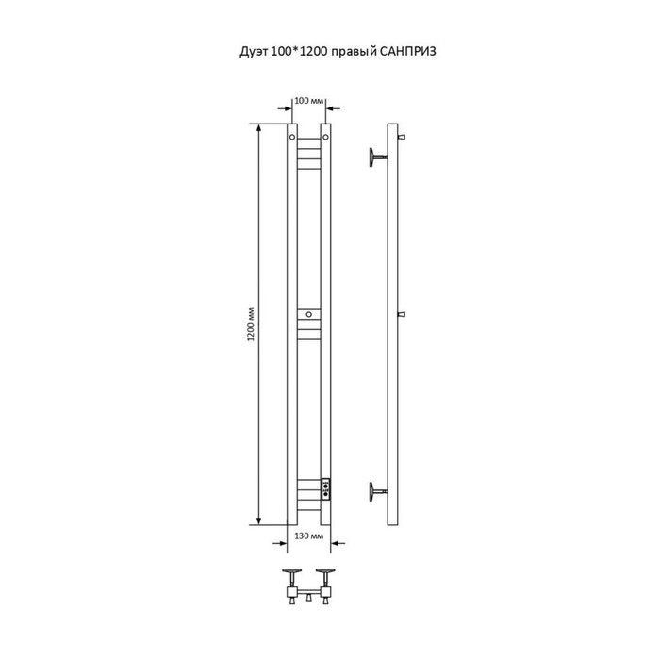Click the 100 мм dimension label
[308, 101]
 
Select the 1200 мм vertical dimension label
[251, 324]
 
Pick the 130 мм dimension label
[308, 536]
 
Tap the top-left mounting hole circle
[292, 138]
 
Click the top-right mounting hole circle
[325, 138]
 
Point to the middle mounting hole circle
[309, 314]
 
